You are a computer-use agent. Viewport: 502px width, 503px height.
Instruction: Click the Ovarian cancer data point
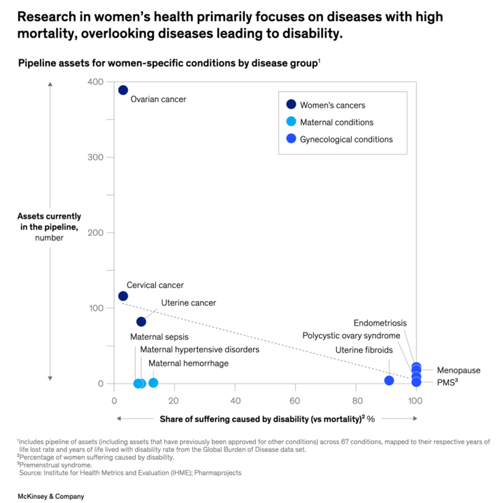click(x=123, y=90)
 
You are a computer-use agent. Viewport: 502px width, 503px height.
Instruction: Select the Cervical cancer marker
click(x=123, y=296)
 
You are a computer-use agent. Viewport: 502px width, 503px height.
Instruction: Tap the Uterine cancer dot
click(x=141, y=321)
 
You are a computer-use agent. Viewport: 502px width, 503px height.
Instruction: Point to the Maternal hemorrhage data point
click(x=154, y=383)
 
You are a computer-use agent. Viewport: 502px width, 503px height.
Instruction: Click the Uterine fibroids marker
click(x=389, y=381)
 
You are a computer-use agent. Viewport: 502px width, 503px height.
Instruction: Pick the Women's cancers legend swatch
click(x=291, y=105)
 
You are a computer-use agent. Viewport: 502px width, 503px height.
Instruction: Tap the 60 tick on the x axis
click(x=295, y=401)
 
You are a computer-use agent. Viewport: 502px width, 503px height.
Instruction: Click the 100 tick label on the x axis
click(x=415, y=401)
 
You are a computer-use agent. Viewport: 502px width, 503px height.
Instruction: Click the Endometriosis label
click(x=380, y=323)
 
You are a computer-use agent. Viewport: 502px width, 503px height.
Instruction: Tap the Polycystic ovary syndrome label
click(x=351, y=336)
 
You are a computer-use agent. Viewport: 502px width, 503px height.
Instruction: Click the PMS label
click(x=447, y=382)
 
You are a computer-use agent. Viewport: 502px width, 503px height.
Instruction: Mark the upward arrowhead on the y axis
click(x=50, y=85)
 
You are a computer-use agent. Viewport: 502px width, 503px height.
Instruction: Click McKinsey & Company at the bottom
click(x=52, y=496)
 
